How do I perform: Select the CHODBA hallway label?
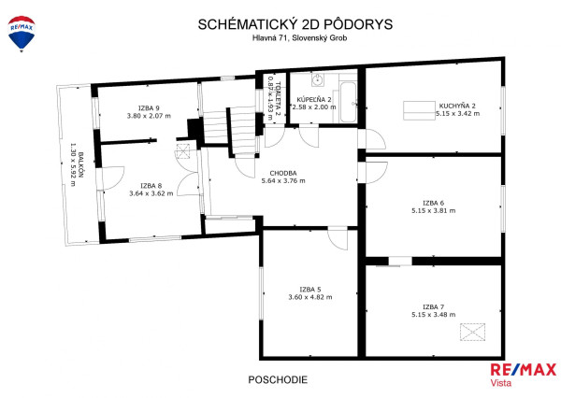click(x=283, y=173)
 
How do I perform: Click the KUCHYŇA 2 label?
click(x=458, y=106)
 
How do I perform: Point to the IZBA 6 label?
click(x=433, y=203)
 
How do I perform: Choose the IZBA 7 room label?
click(x=433, y=306)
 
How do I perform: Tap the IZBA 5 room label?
click(x=310, y=290)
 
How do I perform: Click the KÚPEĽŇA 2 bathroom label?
click(x=314, y=99)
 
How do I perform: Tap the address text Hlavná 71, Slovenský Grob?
click(x=281, y=38)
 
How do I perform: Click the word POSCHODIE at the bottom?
click(x=278, y=380)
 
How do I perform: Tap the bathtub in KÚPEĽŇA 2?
click(x=347, y=100)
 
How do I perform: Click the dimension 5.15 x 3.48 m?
click(x=433, y=315)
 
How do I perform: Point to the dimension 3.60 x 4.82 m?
click(x=310, y=297)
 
